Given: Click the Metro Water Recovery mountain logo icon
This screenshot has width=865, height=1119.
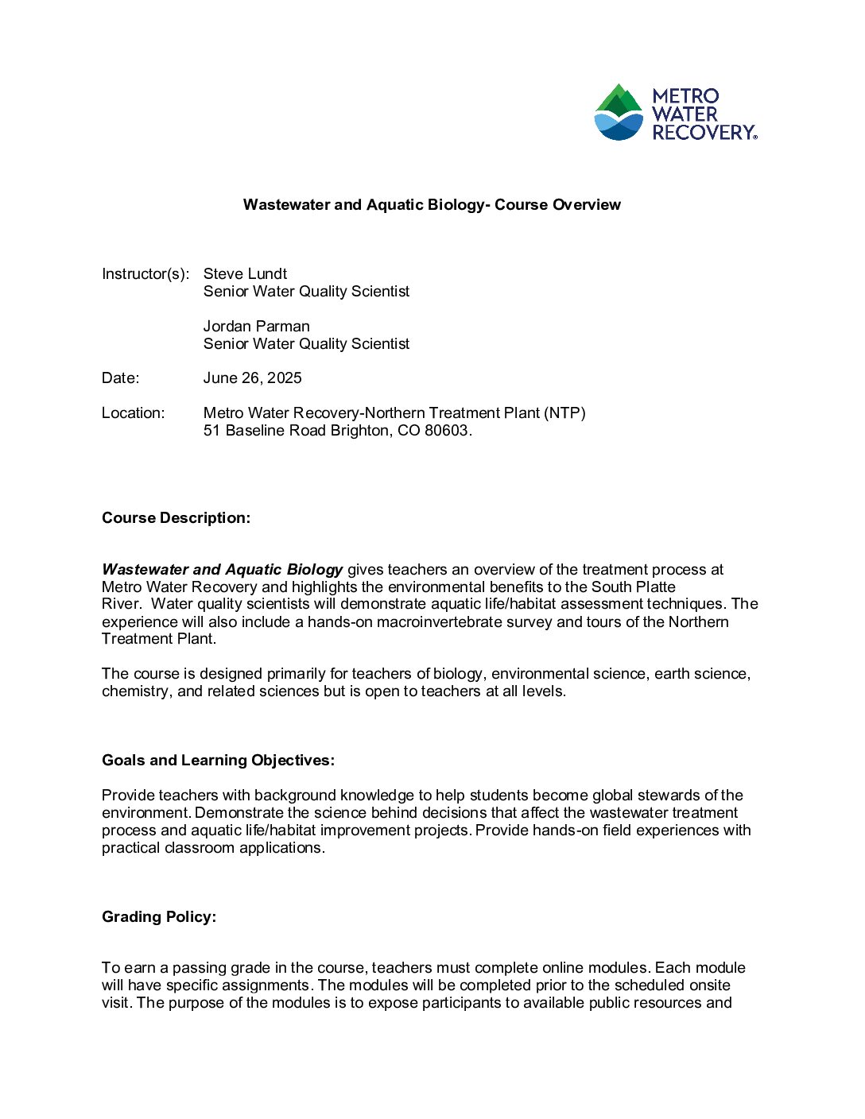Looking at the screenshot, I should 619,112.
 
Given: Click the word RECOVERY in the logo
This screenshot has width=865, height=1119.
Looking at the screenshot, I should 703,133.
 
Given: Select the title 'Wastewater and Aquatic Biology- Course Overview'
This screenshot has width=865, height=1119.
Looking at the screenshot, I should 432,205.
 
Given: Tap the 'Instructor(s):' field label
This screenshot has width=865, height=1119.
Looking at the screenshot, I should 145,274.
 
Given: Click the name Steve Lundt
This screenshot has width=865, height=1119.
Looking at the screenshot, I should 245,274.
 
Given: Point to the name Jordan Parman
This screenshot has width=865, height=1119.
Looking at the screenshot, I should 256,327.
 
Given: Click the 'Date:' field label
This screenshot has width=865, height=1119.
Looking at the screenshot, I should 120,378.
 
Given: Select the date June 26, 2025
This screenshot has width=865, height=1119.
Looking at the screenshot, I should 252,378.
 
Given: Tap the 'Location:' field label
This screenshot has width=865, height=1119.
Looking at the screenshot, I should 133,413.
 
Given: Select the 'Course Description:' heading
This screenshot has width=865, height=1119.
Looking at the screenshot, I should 176,518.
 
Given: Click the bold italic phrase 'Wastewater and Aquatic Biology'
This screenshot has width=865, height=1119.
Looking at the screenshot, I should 222,570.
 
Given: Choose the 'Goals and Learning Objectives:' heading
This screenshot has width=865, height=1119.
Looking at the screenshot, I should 218,761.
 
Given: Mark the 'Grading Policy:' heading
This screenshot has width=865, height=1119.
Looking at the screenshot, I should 159,917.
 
